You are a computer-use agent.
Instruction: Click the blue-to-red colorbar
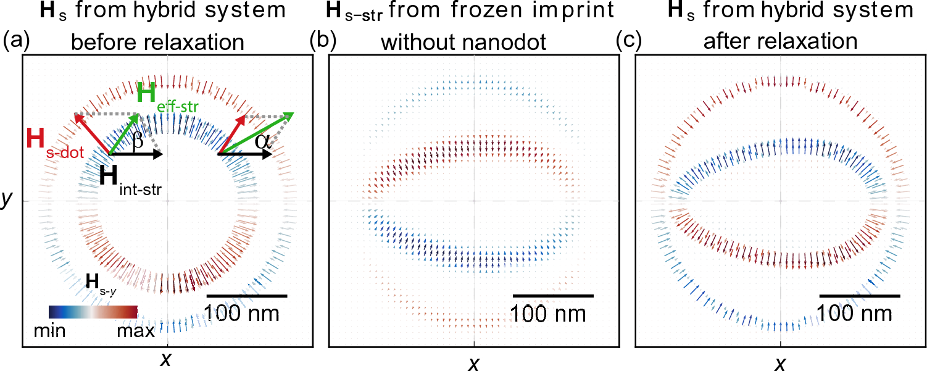coord(93,311)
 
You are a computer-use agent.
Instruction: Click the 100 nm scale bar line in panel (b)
coord(553,296)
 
